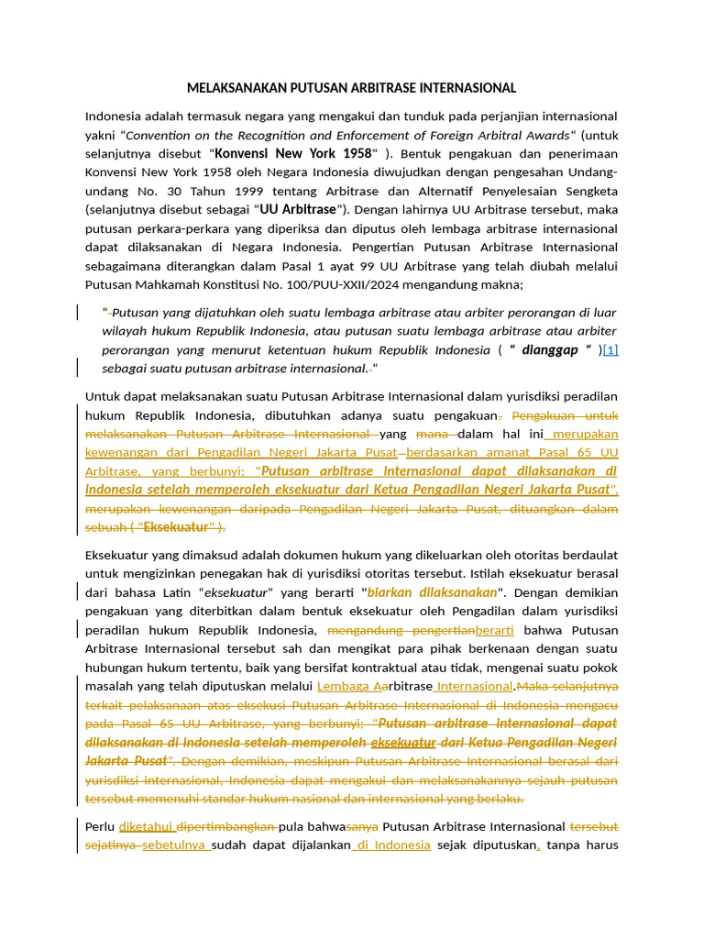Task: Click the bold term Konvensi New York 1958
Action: click(x=292, y=153)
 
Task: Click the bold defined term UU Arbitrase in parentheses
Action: click(x=298, y=210)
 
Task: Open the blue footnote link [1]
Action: click(x=610, y=349)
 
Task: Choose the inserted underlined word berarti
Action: click(x=495, y=630)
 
